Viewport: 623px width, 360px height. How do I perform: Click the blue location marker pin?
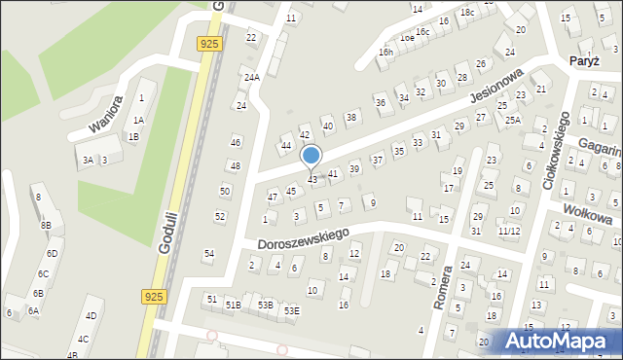pyautogui.click(x=311, y=157)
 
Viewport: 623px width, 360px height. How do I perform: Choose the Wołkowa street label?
pyautogui.click(x=590, y=210)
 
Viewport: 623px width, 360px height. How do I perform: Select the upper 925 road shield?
pyautogui.click(x=207, y=44)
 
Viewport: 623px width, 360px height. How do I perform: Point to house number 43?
pyautogui.click(x=312, y=179)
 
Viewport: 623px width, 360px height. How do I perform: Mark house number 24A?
pyautogui.click(x=252, y=77)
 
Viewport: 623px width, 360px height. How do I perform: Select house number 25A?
pyautogui.click(x=512, y=120)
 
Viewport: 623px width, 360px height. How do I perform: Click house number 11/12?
pyautogui.click(x=509, y=232)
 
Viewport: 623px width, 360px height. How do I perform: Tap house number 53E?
pyautogui.click(x=292, y=310)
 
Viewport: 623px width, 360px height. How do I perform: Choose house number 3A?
pyautogui.click(x=88, y=160)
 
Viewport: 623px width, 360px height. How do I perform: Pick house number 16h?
pyautogui.click(x=386, y=51)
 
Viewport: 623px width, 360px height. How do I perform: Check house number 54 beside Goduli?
pyautogui.click(x=208, y=254)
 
